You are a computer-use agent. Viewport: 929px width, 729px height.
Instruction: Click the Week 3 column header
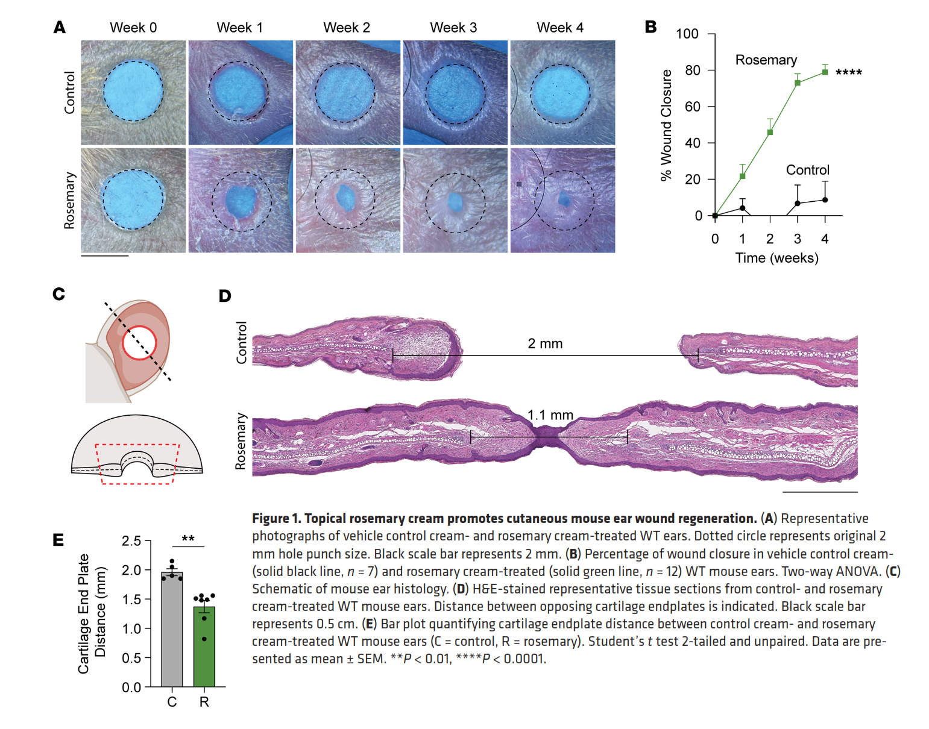(453, 28)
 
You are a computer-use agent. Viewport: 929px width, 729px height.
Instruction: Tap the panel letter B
(650, 27)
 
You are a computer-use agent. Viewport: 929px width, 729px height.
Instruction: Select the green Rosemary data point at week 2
(770, 132)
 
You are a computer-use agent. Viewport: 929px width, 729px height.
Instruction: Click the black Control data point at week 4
(825, 200)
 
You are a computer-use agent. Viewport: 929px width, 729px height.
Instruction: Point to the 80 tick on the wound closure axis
(693, 70)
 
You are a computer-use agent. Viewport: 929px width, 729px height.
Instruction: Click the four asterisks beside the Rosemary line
(848, 73)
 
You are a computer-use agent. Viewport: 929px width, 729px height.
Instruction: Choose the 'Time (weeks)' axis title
(776, 258)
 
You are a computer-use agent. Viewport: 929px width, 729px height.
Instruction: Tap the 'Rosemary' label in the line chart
(766, 60)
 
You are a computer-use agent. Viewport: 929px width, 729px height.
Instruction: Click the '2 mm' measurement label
(545, 343)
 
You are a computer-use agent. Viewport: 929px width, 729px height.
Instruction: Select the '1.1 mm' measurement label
(550, 415)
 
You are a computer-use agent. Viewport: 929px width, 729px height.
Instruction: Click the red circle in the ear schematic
(139, 343)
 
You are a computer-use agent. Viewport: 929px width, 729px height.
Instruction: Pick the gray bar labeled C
(172, 630)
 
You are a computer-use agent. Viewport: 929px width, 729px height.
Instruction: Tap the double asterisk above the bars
(188, 539)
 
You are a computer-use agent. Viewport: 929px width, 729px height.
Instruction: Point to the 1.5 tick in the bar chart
(131, 599)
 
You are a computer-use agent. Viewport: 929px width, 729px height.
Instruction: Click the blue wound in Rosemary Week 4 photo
(565, 199)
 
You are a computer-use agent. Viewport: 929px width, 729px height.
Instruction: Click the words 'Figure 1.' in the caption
(276, 519)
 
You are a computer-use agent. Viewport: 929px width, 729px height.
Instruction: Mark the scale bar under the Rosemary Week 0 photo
(105, 256)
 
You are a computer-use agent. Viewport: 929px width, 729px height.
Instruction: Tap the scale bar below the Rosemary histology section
(819, 492)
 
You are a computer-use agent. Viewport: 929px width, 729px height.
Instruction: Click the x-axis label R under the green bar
(204, 702)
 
